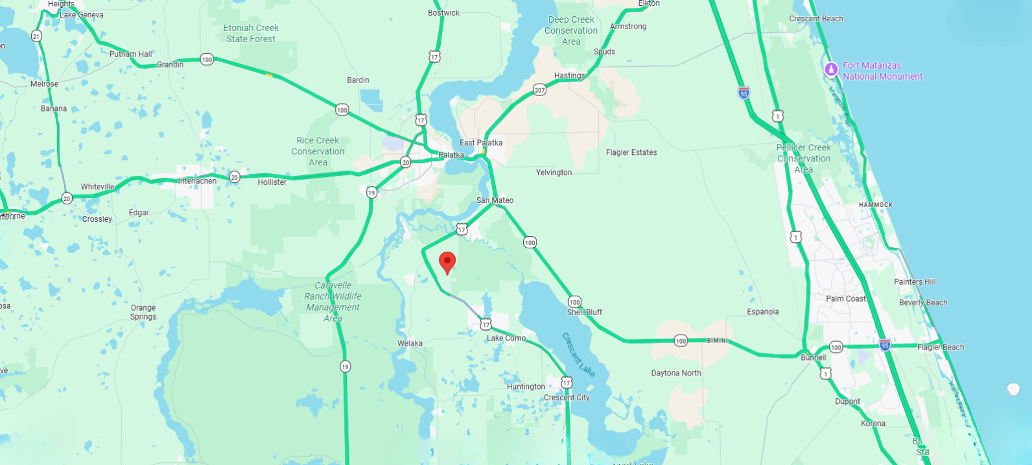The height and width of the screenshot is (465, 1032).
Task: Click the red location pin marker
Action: coord(447,262)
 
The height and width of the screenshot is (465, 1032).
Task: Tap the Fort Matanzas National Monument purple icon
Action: coord(831,69)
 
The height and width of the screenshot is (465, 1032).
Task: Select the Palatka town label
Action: coord(451,155)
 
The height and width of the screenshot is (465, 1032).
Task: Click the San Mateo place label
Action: coord(495,200)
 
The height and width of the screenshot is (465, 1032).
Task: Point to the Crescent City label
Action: coord(567,398)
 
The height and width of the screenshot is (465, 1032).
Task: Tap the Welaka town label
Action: coord(410,344)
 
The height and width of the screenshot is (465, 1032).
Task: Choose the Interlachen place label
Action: coord(197,181)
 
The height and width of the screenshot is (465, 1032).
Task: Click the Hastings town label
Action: coord(569,76)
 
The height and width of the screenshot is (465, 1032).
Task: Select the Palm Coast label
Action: coord(845,299)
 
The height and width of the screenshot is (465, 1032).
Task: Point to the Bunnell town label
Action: coord(813,357)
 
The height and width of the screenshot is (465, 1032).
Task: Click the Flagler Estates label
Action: coord(631,152)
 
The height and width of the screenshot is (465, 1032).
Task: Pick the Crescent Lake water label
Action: coord(578,354)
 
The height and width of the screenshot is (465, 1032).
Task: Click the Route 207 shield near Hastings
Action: coord(539,90)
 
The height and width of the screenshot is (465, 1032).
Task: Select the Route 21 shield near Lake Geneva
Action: coord(36,36)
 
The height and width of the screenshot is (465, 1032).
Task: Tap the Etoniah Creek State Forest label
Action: coord(251,33)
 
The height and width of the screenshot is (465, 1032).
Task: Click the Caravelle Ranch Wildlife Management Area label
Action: coord(333,302)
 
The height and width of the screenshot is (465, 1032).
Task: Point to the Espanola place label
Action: coord(762,312)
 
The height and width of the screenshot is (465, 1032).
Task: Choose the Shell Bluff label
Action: coord(584,312)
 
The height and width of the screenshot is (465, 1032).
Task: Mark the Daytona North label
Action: coord(675,373)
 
